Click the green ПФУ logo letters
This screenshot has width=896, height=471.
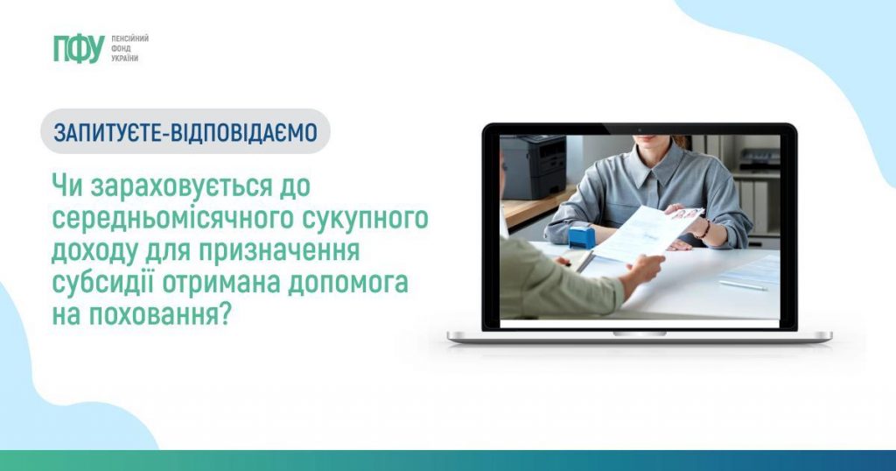point(79,48)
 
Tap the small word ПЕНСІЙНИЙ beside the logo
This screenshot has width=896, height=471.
point(129,39)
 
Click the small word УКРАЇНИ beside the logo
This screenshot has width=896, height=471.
point(124,59)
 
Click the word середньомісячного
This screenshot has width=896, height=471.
point(172,220)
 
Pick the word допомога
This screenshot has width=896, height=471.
point(347,284)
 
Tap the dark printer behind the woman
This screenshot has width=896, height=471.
point(533,166)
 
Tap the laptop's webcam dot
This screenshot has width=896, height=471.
point(640,130)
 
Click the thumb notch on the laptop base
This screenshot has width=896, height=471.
point(640,334)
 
